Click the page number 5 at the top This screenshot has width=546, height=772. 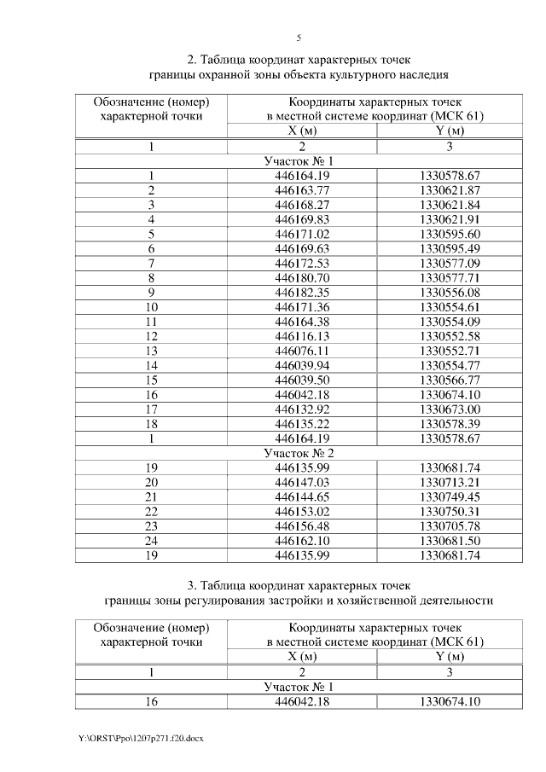point(299,38)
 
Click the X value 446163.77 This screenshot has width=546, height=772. point(297,189)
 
